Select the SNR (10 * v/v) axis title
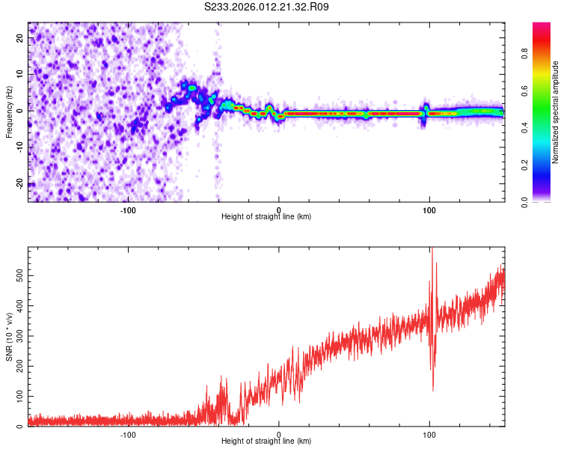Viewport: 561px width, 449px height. click(x=9, y=337)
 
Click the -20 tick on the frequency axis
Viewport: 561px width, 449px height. click(x=19, y=183)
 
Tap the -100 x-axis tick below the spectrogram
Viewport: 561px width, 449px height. click(x=128, y=210)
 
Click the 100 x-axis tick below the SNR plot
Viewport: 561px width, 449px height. click(x=429, y=434)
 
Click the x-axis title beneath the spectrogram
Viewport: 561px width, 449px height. click(x=266, y=217)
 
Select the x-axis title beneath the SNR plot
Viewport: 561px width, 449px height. click(x=266, y=442)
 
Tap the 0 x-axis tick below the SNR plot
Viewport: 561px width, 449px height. click(x=279, y=434)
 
